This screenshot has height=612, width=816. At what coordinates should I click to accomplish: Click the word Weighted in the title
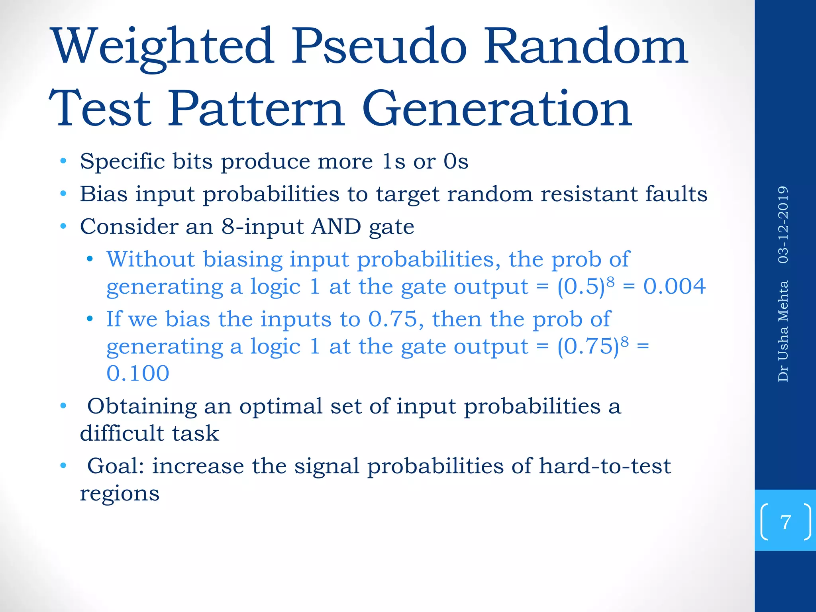pyautogui.click(x=164, y=47)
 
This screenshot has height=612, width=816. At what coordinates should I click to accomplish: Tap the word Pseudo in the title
pyautogui.click(x=379, y=47)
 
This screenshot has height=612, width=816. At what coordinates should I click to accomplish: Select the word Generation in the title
pyautogui.click(x=496, y=109)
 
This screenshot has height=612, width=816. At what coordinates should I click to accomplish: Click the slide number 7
pyautogui.click(x=785, y=522)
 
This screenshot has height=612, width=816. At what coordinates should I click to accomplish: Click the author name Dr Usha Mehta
pyautogui.click(x=783, y=331)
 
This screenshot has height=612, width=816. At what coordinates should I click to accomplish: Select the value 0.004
pyautogui.click(x=674, y=286)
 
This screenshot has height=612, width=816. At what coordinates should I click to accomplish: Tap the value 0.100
pyautogui.click(x=138, y=373)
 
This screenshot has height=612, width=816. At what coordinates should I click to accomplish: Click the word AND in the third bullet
pyautogui.click(x=336, y=227)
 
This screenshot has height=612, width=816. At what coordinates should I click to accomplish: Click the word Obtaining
pyautogui.click(x=142, y=406)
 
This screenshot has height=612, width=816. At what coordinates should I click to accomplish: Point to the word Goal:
pyautogui.click(x=116, y=466)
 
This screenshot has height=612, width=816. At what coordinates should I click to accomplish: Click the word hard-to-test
pyautogui.click(x=604, y=466)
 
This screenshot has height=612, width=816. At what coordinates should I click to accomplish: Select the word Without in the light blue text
pyautogui.click(x=150, y=259)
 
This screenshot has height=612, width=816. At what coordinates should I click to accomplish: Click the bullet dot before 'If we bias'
pyautogui.click(x=90, y=319)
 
